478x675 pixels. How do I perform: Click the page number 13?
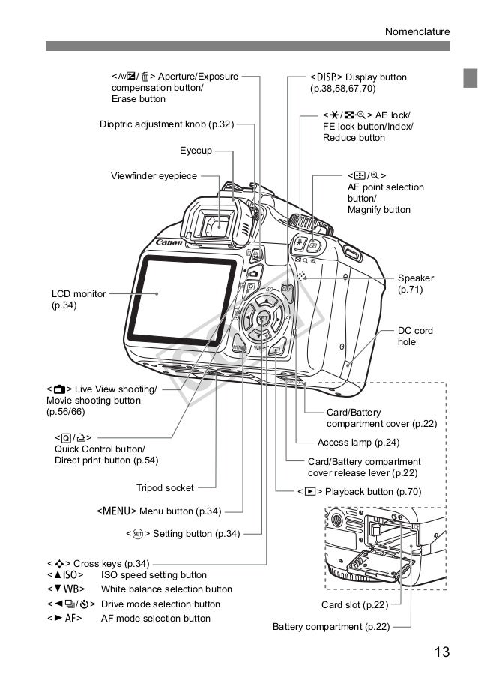click(x=441, y=651)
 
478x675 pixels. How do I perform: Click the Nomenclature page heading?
click(x=417, y=31)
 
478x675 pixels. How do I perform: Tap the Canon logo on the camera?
click(x=169, y=242)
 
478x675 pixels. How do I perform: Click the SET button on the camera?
click(x=263, y=318)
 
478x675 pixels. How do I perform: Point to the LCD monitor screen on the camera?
click(x=188, y=294)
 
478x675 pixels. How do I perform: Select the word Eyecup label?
click(x=196, y=151)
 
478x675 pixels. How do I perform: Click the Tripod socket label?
click(x=165, y=488)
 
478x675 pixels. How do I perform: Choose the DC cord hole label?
click(x=415, y=336)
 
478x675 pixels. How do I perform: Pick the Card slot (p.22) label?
click(x=355, y=605)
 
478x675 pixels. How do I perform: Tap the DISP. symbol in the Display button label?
click(x=325, y=76)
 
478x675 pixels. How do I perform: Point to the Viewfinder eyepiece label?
click(x=154, y=176)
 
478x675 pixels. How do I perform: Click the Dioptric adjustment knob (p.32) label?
click(x=166, y=124)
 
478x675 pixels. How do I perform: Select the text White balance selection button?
click(x=166, y=589)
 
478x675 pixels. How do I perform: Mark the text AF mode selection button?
click(x=156, y=619)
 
